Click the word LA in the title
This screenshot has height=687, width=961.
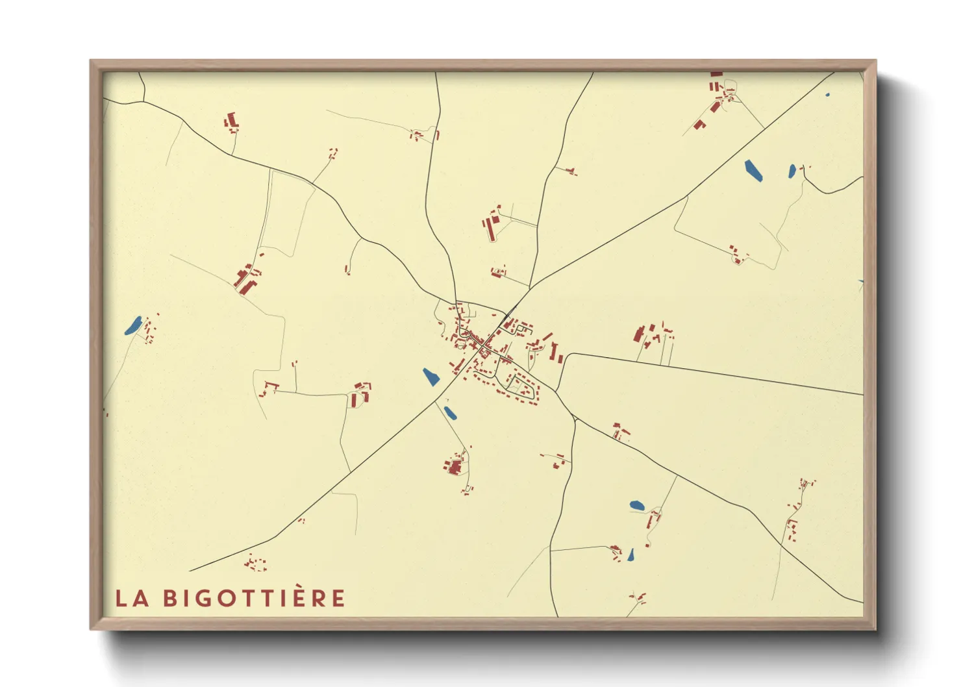point(132,598)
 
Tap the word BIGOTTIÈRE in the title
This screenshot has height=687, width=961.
point(254,597)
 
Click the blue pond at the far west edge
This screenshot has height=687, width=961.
point(133,325)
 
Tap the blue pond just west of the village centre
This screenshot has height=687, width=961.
point(431,377)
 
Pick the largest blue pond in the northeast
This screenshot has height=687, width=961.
point(753,170)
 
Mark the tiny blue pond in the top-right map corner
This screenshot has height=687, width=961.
point(827,95)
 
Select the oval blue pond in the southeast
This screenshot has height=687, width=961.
point(637,505)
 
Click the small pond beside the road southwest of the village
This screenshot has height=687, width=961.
point(449,412)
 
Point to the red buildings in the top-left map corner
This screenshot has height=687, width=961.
point(231,121)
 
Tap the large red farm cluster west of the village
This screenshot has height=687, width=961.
point(245,279)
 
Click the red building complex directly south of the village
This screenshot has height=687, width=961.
point(455,466)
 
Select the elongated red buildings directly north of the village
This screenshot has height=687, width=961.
point(492,225)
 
